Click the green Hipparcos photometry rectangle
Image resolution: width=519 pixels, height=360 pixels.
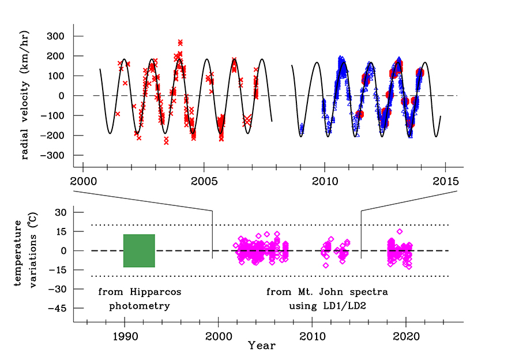click(x=139, y=251)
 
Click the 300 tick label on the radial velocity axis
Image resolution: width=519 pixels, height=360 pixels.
click(x=55, y=36)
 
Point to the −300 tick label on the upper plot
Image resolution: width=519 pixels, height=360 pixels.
click(x=52, y=155)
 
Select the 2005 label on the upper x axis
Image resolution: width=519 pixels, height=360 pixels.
click(x=204, y=181)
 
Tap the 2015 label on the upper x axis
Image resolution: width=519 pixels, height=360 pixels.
click(x=446, y=181)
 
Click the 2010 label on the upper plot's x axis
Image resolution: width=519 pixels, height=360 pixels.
click(x=325, y=181)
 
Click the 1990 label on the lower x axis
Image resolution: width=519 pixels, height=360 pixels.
click(x=125, y=336)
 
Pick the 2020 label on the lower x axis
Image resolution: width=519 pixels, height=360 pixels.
click(x=406, y=336)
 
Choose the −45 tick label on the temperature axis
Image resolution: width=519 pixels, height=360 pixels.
click(x=57, y=308)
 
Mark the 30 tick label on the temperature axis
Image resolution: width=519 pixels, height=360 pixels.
click(x=61, y=212)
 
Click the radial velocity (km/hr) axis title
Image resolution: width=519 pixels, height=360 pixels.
click(x=25, y=95)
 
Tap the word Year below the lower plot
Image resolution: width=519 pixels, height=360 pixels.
click(x=262, y=346)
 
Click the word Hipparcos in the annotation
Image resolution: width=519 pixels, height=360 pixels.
click(x=156, y=292)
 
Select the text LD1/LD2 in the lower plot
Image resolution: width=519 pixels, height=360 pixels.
click(x=344, y=306)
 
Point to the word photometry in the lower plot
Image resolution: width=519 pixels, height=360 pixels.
click(x=140, y=306)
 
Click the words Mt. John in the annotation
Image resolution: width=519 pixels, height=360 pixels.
click(x=320, y=292)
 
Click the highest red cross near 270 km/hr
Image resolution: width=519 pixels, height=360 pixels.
click(x=180, y=42)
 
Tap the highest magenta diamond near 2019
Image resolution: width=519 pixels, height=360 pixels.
click(x=400, y=231)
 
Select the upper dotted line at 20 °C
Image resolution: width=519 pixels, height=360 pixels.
click(x=270, y=225)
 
